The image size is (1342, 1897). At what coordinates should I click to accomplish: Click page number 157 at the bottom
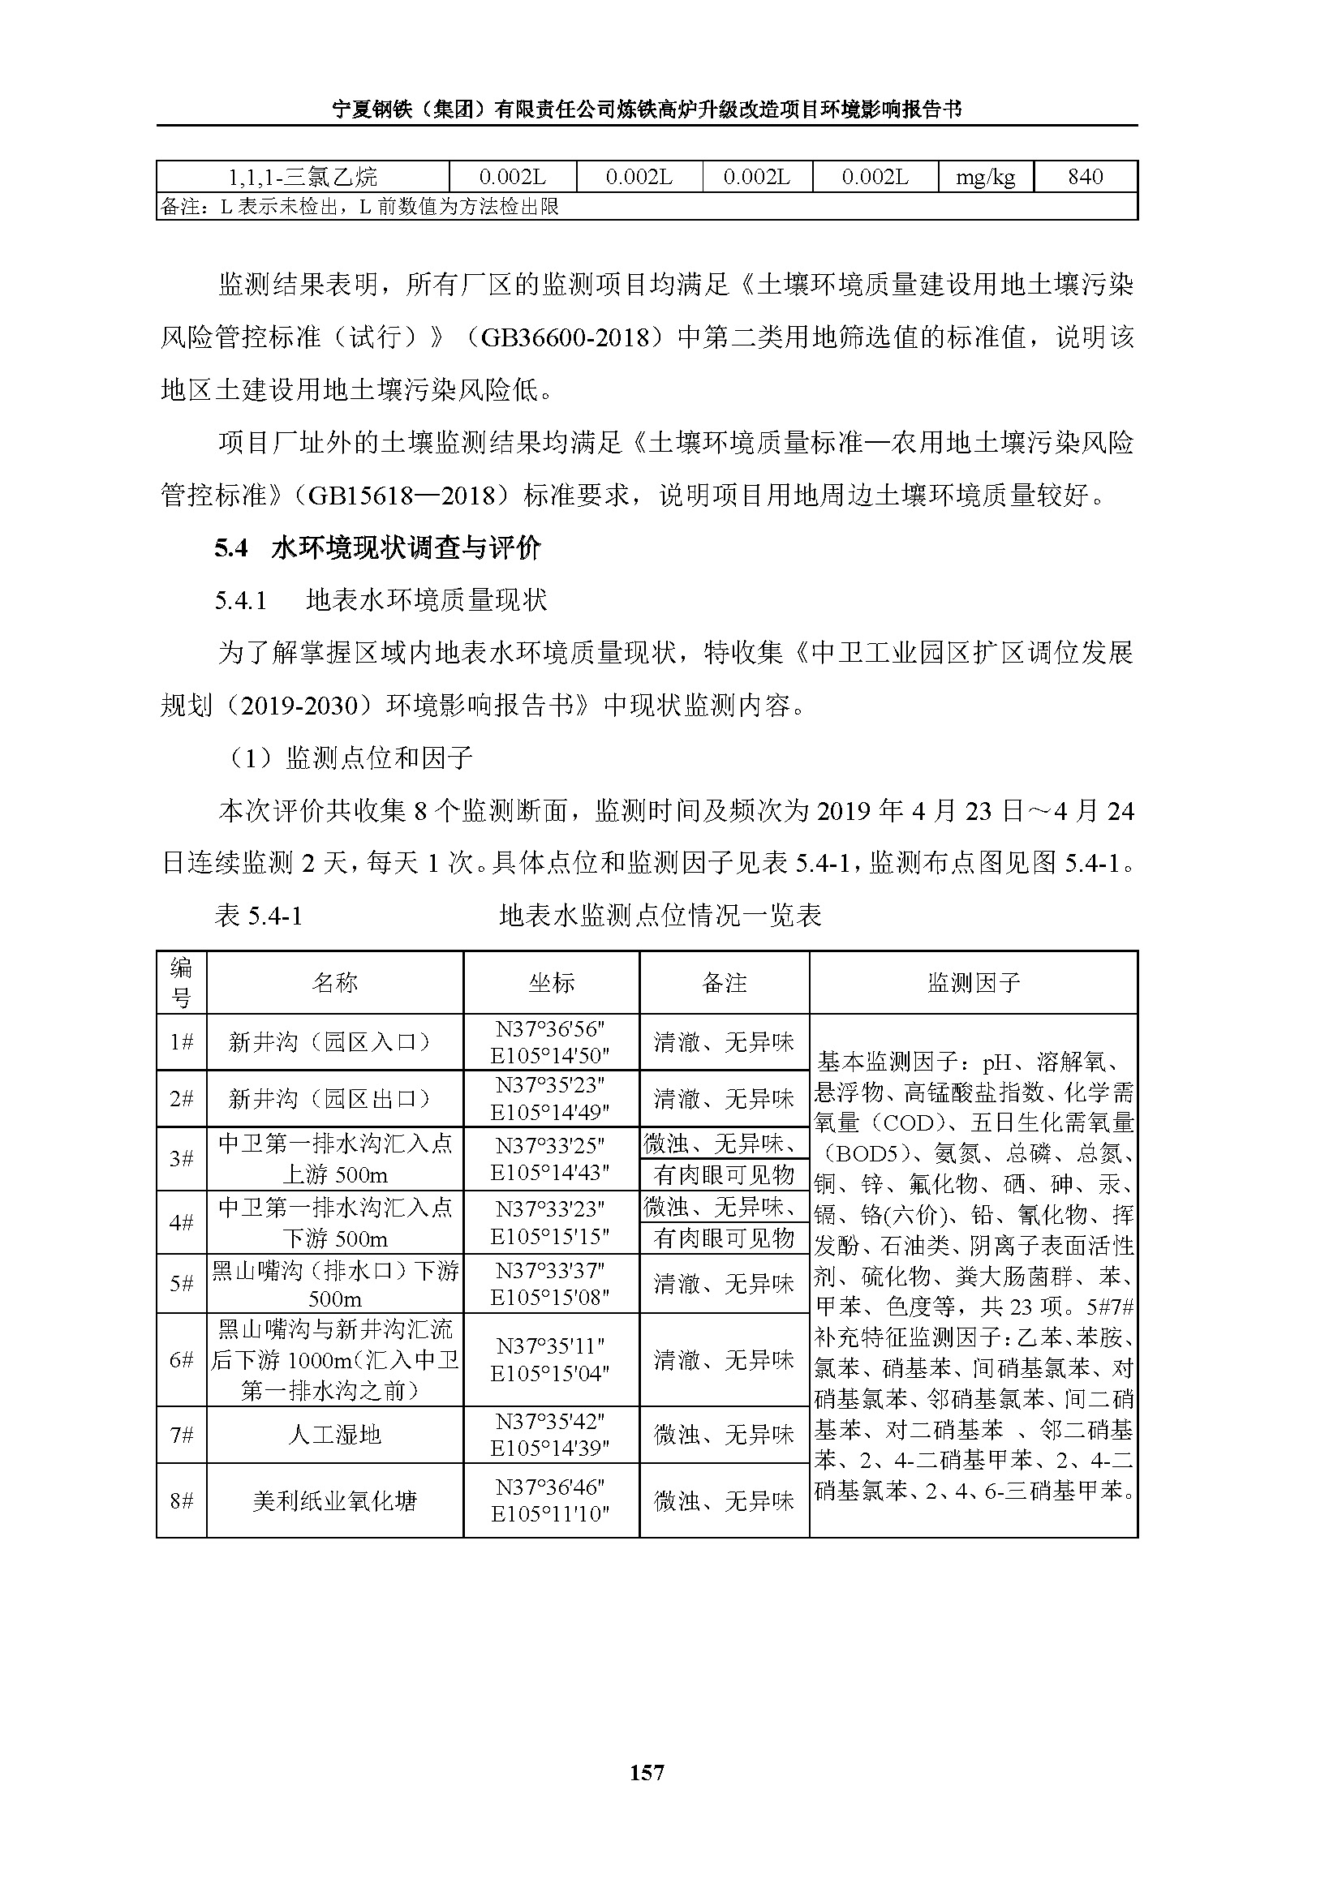click(646, 1772)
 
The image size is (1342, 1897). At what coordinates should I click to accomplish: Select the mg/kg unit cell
click(985, 177)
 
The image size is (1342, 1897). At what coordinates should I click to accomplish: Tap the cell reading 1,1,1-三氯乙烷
click(303, 177)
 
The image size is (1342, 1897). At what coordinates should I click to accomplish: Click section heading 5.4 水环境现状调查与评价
click(377, 547)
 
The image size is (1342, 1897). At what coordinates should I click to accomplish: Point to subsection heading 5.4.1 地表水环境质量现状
click(381, 600)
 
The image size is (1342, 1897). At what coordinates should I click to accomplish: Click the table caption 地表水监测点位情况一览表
click(660, 916)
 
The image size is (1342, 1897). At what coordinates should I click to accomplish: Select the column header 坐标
click(551, 982)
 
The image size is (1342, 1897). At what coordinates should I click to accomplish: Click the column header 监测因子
click(974, 982)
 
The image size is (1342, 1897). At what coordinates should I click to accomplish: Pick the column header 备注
click(724, 982)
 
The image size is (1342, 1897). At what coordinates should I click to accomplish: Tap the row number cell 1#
click(181, 1042)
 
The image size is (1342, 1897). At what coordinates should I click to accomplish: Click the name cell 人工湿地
click(334, 1435)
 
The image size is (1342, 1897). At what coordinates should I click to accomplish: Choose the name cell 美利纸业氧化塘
click(334, 1500)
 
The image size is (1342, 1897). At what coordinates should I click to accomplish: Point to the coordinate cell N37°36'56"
click(550, 1029)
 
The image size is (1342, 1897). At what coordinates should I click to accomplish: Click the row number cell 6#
click(181, 1359)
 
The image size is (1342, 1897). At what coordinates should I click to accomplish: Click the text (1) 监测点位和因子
click(350, 758)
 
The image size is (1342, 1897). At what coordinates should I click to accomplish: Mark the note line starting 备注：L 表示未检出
click(359, 207)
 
